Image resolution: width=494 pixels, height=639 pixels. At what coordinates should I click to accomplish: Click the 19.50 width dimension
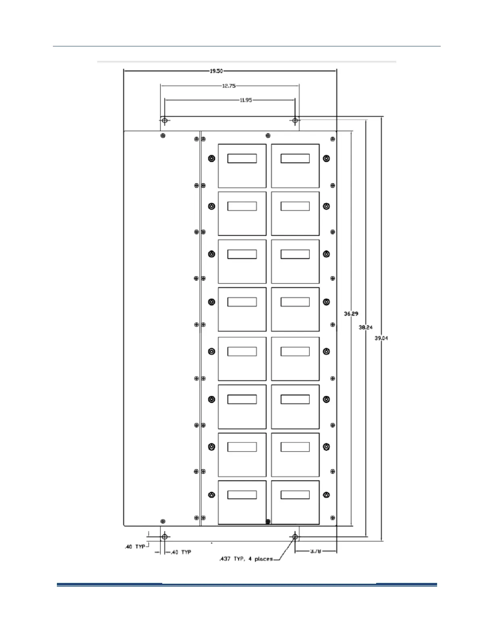click(216, 71)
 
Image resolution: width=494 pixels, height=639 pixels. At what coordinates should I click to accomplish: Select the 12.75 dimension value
click(229, 86)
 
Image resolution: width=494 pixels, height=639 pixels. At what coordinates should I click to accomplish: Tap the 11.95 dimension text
click(246, 100)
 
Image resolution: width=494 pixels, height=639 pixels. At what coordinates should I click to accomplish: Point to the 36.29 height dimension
click(351, 313)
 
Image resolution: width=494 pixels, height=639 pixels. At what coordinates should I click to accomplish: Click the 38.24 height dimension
click(366, 328)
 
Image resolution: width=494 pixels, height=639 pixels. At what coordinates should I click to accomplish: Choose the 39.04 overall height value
click(381, 338)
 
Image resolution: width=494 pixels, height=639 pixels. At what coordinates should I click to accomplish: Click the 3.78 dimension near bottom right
click(316, 551)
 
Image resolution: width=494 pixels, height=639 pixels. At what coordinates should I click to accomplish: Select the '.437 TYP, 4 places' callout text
click(246, 559)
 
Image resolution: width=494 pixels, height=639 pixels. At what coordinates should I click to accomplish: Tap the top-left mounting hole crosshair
click(165, 120)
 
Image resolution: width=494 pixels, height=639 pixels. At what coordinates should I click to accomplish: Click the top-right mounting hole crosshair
click(295, 120)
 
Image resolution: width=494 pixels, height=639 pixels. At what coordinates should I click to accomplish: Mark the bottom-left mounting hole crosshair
click(165, 537)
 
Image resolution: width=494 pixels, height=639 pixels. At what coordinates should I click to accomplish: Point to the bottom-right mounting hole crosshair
click(295, 537)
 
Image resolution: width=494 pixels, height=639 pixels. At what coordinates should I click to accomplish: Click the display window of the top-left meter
click(242, 158)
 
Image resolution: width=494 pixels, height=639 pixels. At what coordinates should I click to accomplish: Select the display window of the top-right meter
click(295, 158)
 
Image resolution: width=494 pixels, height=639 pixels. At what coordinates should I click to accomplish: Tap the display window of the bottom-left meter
click(242, 495)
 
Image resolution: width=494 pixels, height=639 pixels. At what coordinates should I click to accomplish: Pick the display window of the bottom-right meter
click(295, 495)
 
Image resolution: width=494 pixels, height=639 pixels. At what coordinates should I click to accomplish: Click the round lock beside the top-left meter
click(211, 159)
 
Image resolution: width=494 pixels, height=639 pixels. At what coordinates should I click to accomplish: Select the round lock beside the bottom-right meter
click(327, 495)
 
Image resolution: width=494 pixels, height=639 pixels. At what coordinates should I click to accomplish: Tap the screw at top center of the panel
click(268, 136)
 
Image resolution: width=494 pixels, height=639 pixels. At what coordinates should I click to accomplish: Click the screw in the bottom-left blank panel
click(163, 522)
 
